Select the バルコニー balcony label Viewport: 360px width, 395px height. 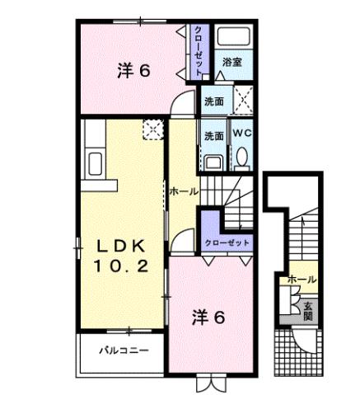point(124,350)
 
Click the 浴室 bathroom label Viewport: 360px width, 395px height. point(231,62)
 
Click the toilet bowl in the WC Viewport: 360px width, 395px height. point(241,156)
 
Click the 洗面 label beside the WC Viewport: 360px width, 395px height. point(213,135)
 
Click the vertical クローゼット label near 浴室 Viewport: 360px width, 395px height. point(199,51)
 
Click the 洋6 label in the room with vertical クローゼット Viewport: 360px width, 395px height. point(133,71)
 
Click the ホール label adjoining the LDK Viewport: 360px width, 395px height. point(183,191)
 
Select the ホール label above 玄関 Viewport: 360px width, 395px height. point(302,280)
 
